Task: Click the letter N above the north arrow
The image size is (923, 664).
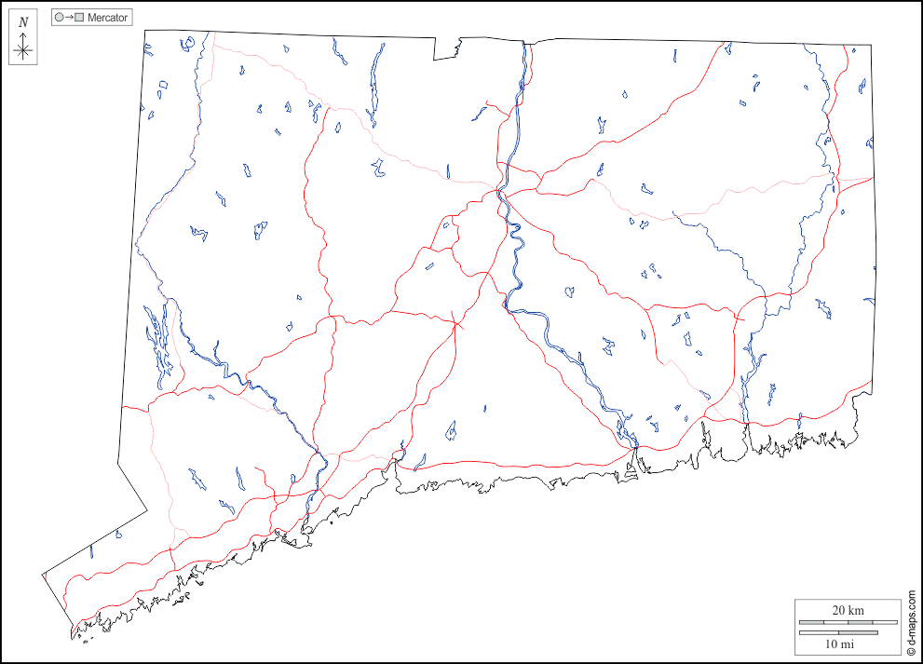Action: (23, 21)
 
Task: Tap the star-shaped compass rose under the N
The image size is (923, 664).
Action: (24, 51)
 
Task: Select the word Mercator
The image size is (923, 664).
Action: (108, 18)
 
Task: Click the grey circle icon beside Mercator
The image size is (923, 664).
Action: (59, 18)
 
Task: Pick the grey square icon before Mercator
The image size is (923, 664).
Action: (80, 18)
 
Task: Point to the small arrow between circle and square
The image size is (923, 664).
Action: (69, 18)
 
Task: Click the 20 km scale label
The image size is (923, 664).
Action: (848, 610)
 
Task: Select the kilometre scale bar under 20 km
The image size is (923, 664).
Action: (847, 621)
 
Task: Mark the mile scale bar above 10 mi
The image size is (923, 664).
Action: (838, 633)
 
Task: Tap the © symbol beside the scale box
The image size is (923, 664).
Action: (912, 652)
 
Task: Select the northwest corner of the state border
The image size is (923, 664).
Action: (145, 30)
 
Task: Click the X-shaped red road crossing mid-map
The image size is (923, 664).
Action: (455, 324)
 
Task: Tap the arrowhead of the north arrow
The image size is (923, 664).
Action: (24, 34)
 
